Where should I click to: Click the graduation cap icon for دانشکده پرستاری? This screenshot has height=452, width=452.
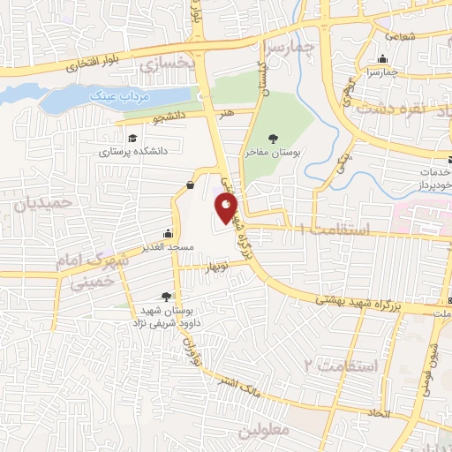click(132, 139)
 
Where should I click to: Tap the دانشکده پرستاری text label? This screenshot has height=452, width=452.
click(132, 152)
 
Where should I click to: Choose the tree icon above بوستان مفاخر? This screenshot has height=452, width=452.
click(273, 139)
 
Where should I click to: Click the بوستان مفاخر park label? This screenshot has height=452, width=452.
click(273, 153)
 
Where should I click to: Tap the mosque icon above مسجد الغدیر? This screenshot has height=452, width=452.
click(167, 236)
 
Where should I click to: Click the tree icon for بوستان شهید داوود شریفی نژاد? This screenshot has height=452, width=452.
click(167, 298)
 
